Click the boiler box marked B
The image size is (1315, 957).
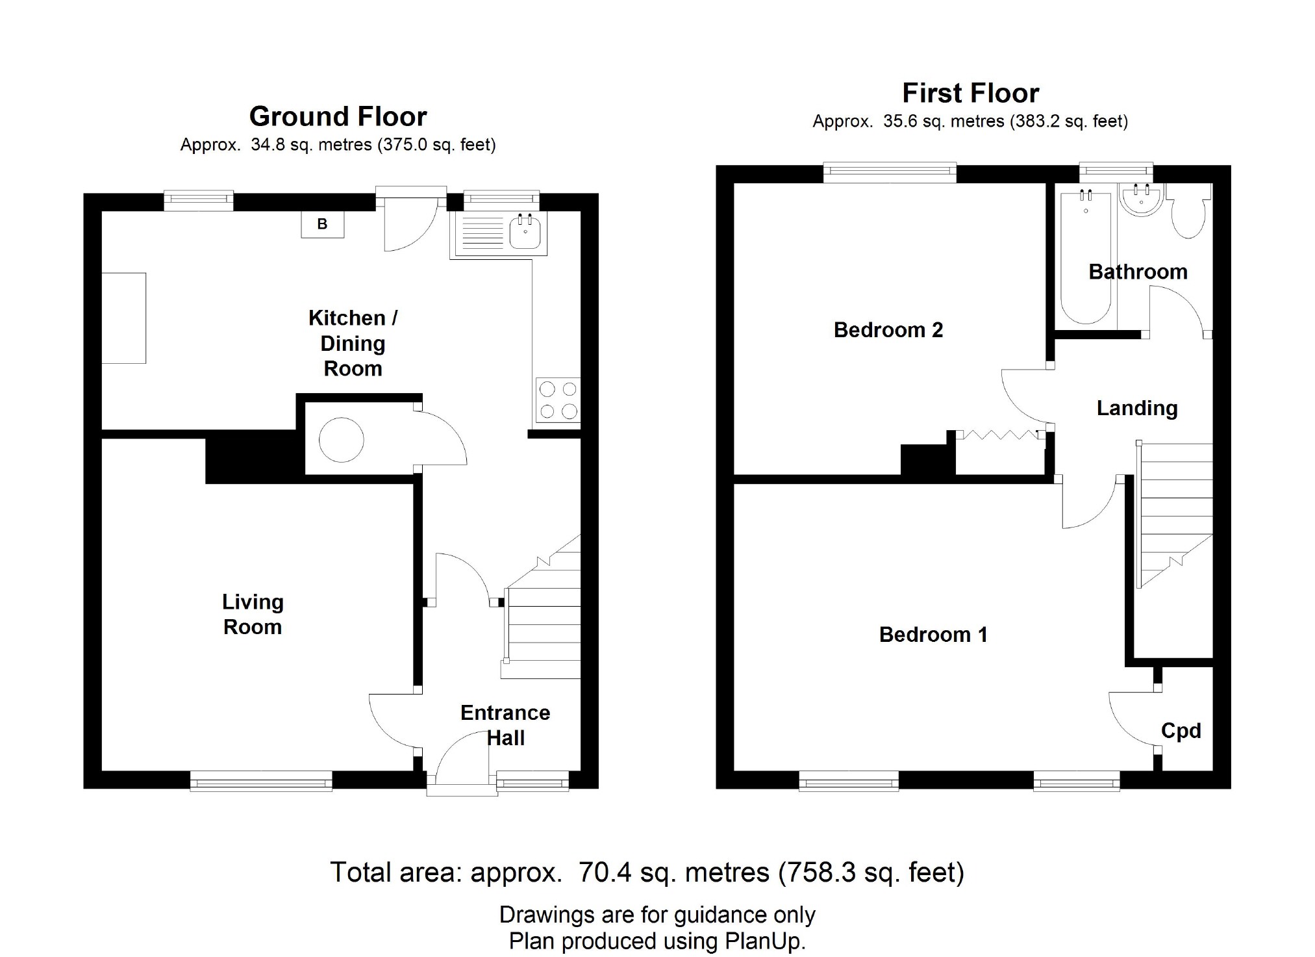[322, 225]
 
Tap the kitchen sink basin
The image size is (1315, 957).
[525, 233]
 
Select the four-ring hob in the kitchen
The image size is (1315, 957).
[558, 400]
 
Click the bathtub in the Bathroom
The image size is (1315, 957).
[1086, 260]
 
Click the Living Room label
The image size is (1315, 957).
[253, 615]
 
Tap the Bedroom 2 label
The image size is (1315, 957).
[888, 330]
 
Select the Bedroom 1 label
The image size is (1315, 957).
[933, 635]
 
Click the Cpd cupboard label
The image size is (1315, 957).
[1181, 731]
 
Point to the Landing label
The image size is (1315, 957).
[1136, 408]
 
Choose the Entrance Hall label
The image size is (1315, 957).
[505, 725]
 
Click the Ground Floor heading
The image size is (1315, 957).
[338, 117]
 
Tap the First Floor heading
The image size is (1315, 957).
[970, 94]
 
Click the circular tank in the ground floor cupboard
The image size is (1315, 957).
[341, 440]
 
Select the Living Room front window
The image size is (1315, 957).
[261, 780]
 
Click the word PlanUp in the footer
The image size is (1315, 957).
[767, 941]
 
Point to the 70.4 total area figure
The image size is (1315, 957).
[605, 872]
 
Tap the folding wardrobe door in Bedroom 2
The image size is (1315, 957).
[1000, 436]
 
